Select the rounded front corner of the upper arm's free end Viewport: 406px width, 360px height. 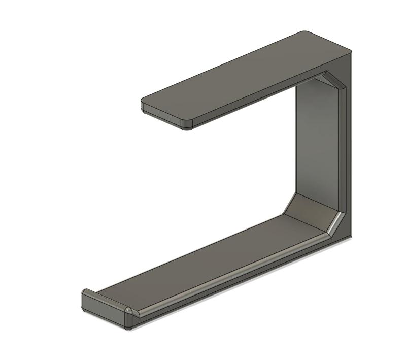pyautogui.click(x=187, y=125)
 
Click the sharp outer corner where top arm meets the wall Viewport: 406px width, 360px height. pyautogui.click(x=350, y=52)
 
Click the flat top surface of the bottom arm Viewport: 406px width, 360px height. pyautogui.click(x=203, y=264)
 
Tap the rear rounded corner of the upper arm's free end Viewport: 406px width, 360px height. pyautogui.click(x=144, y=106)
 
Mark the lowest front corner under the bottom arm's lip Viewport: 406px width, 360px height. pyautogui.click(x=129, y=328)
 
